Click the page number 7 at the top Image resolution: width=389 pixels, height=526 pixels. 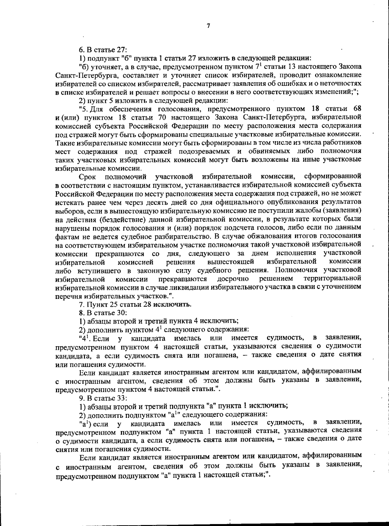click(x=208, y=26)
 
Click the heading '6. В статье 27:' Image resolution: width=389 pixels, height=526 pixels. click(x=103, y=50)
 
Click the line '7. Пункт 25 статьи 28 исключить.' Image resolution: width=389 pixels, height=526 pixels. click(x=135, y=304)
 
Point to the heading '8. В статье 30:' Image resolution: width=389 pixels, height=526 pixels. click(x=103, y=313)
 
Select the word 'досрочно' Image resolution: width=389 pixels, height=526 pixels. click(x=233, y=279)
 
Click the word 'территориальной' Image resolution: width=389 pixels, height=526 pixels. click(x=332, y=279)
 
